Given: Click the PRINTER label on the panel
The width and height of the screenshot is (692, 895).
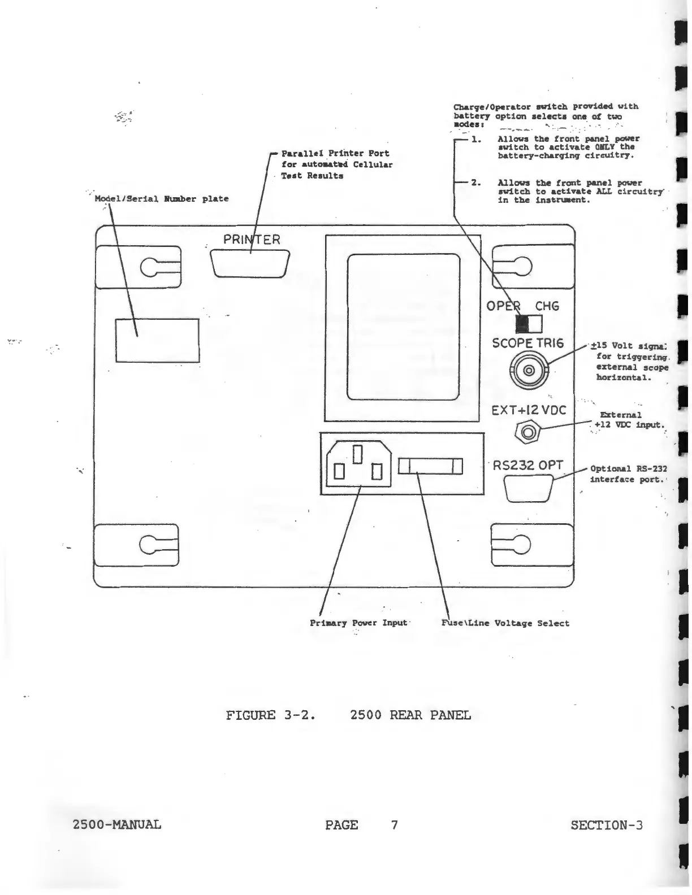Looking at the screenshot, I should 252,240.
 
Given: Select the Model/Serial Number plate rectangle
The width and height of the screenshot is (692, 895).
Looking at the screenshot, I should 157,340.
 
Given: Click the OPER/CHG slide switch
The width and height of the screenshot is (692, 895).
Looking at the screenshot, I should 529,324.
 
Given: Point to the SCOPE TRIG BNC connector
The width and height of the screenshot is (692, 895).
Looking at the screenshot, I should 529,371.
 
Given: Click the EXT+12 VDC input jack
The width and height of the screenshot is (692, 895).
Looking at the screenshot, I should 529,433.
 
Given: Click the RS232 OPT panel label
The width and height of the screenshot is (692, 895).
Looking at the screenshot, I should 528,466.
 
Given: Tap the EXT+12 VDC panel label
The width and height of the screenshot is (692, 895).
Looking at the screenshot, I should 528,410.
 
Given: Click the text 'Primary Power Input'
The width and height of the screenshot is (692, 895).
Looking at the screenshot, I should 358,623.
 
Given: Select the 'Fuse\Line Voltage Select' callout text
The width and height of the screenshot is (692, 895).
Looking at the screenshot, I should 505,623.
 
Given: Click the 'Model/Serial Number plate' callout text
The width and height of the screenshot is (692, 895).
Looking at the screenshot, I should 162,199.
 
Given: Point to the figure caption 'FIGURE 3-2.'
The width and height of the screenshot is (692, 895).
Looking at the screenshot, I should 270,715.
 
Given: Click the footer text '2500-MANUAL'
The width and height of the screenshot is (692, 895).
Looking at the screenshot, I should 117,825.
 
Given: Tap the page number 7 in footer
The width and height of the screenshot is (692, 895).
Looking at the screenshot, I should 394,825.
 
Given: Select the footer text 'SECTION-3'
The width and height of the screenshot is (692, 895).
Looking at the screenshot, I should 607,825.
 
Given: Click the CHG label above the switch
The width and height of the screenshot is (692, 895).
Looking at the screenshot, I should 547,306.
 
